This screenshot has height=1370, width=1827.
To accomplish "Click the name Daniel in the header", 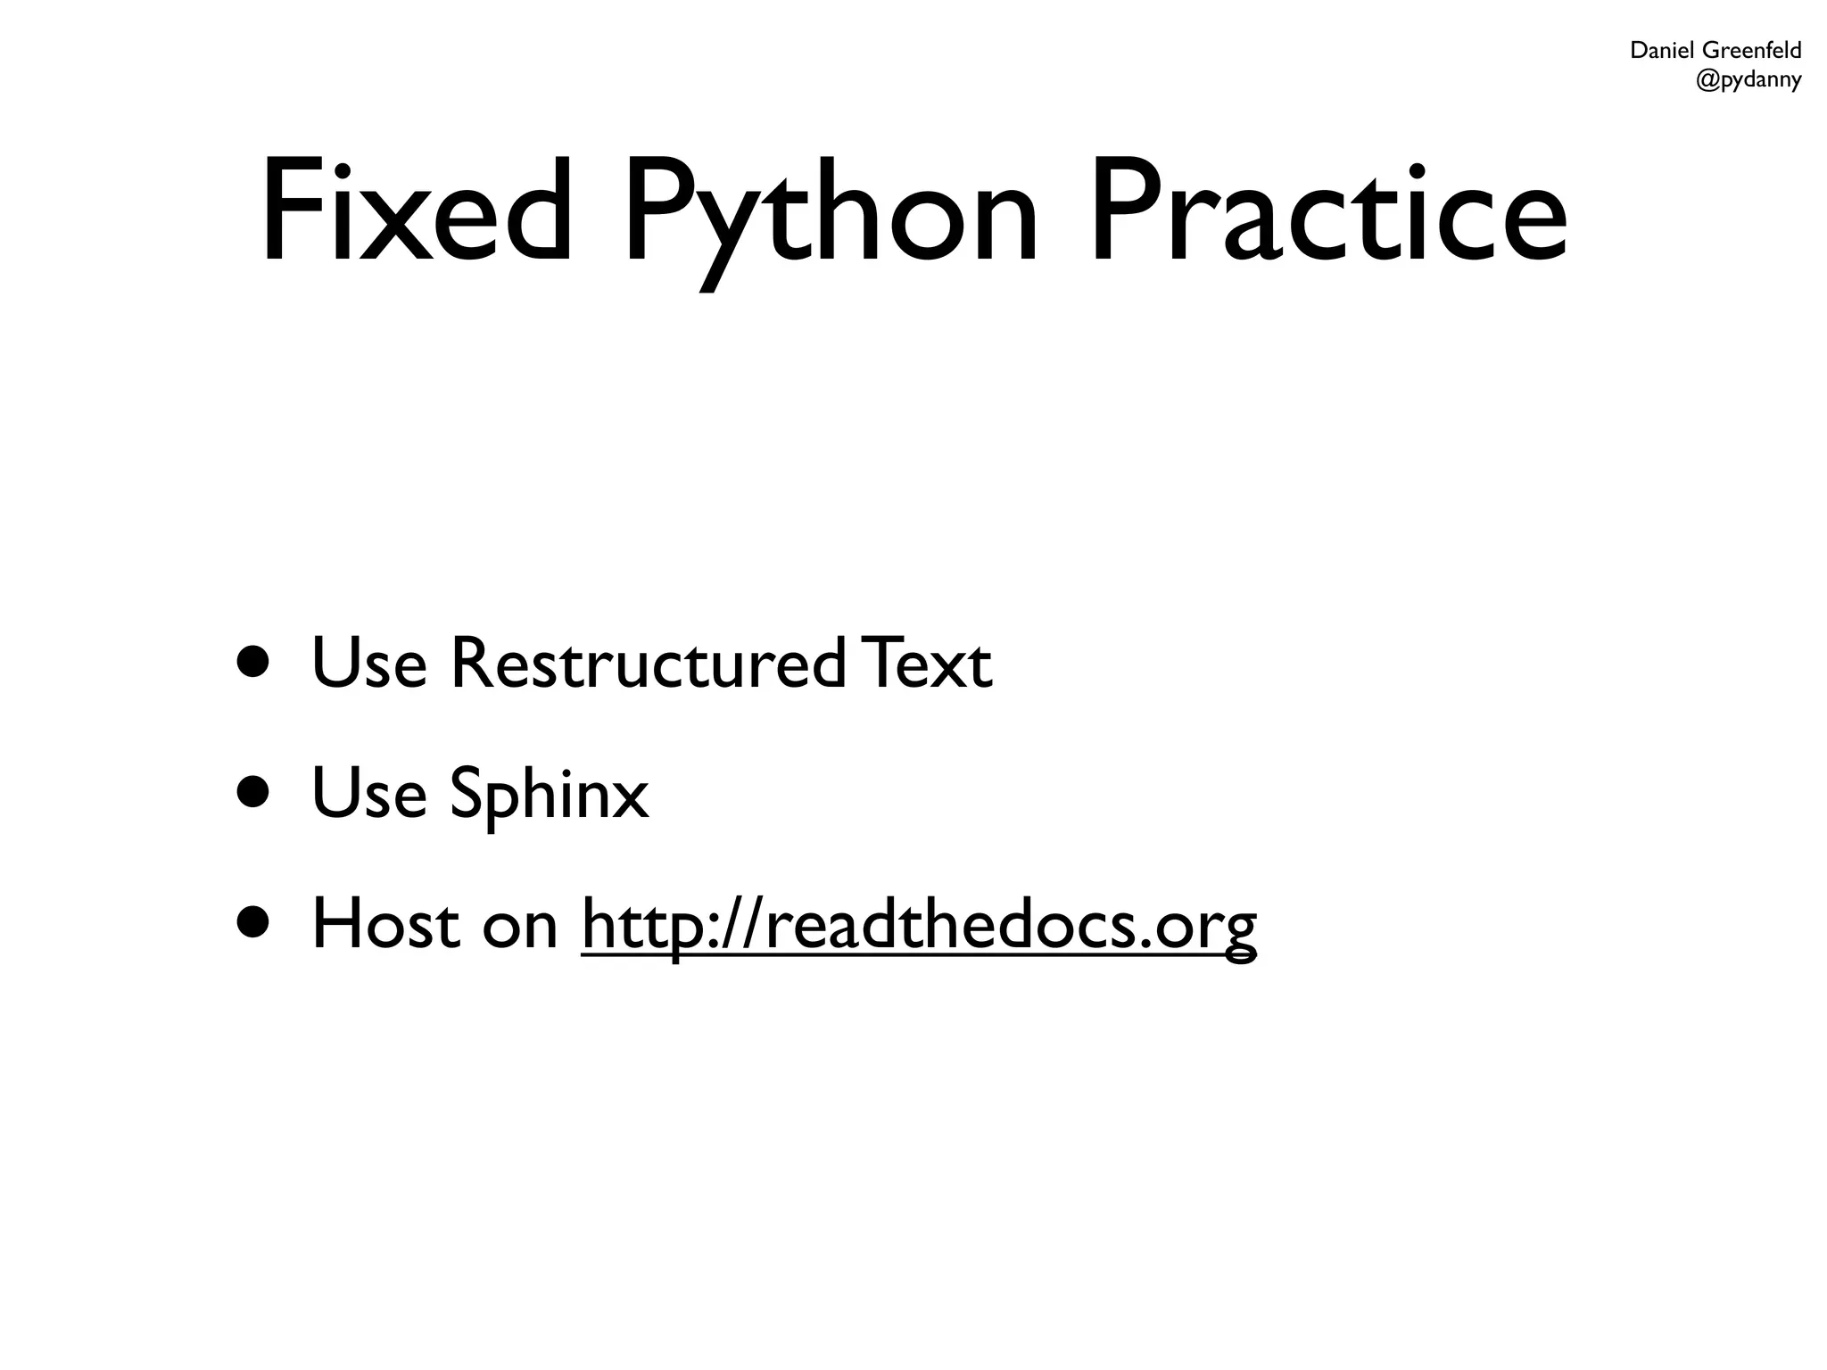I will click(1662, 51).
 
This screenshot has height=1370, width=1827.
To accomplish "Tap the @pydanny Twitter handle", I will click(1748, 80).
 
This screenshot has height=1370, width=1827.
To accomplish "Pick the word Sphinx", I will click(549, 794).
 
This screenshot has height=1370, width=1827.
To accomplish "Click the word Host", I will click(385, 925).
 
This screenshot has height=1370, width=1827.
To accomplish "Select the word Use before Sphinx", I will click(368, 793).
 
